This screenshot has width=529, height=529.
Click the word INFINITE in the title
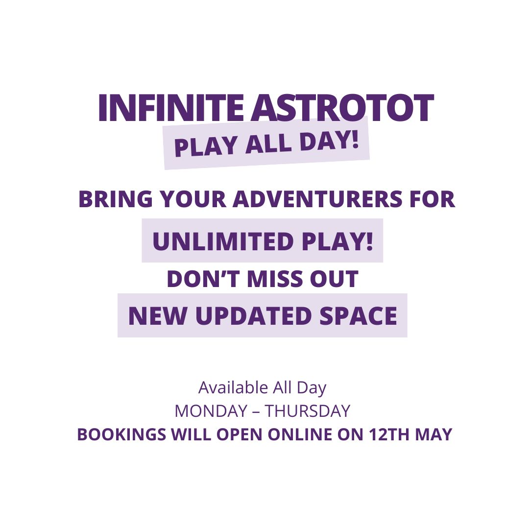tap(171, 108)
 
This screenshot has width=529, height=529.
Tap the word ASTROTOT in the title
tap(342, 108)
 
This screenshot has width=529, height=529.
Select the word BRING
tap(116, 199)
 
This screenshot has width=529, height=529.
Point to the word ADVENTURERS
tap(317, 199)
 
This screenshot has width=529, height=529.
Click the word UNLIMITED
tap(223, 241)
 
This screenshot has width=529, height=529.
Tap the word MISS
tap(275, 279)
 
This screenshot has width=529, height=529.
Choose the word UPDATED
tap(253, 316)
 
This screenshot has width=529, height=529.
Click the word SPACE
tap(358, 316)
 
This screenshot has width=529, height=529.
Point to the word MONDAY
tap(211, 411)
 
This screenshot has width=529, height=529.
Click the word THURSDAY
tap(307, 411)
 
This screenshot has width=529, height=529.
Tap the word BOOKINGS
tap(122, 434)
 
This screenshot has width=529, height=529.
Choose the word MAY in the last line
tap(433, 434)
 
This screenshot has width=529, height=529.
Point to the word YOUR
tap(193, 199)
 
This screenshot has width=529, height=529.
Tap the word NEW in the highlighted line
tap(158, 316)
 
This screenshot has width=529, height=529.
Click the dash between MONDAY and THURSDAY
tap(256, 412)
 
